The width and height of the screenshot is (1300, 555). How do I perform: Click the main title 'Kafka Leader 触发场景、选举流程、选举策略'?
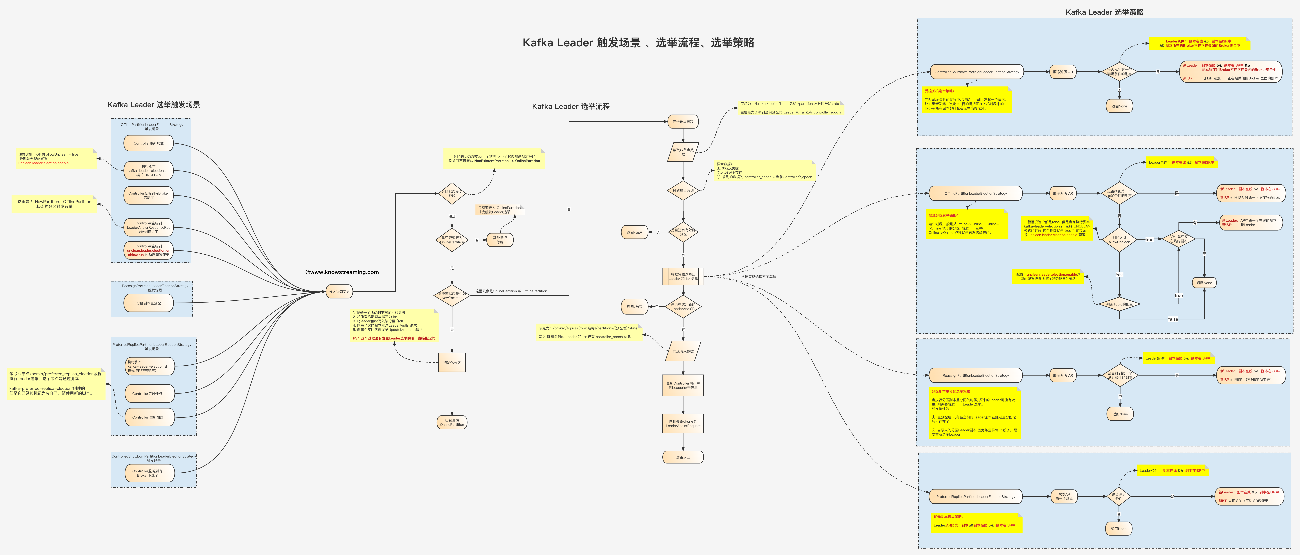pos(638,43)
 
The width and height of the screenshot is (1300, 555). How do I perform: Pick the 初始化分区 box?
pos(452,363)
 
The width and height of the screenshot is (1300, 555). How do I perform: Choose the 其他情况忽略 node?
pos(500,240)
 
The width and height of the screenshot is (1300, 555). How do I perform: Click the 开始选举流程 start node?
pos(683,122)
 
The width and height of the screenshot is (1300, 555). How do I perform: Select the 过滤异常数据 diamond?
pos(683,191)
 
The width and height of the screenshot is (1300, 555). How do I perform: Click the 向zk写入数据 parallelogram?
pos(683,351)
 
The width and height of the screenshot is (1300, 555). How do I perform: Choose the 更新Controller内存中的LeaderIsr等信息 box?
pos(683,385)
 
